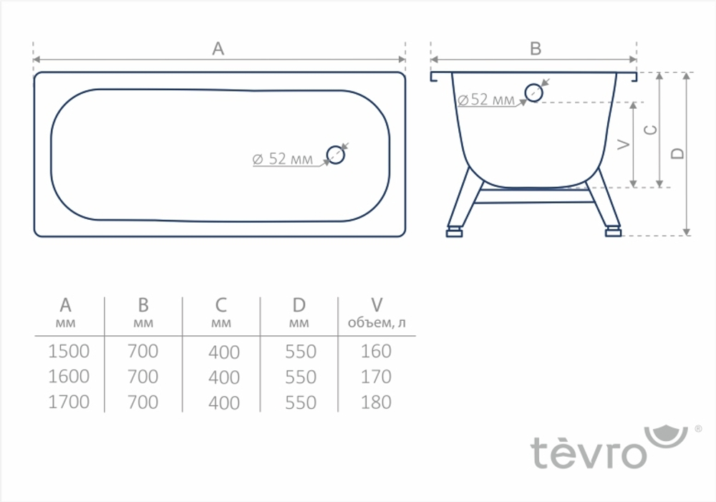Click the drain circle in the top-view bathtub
(x=336, y=154)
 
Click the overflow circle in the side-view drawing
(x=533, y=92)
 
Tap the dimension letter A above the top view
(x=218, y=49)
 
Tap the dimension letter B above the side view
(x=535, y=49)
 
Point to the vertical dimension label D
(x=678, y=153)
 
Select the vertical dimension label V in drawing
(x=623, y=145)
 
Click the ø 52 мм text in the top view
(x=283, y=159)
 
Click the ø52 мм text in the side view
(x=486, y=100)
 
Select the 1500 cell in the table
(x=69, y=352)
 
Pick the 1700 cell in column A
(x=69, y=402)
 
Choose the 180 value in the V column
(x=376, y=402)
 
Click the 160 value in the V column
(x=376, y=352)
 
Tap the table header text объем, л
(x=377, y=323)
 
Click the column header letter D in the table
(x=299, y=306)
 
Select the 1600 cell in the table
(x=69, y=377)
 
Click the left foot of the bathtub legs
(x=454, y=231)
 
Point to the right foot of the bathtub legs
(x=613, y=231)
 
